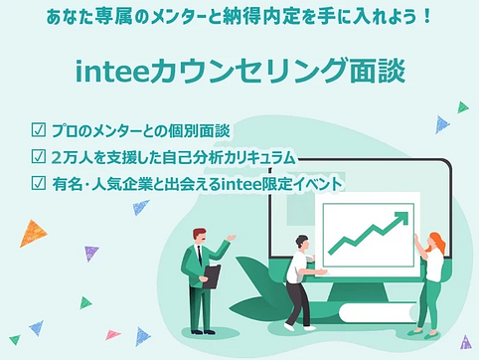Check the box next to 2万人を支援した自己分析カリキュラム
pyautogui.click(x=39, y=157)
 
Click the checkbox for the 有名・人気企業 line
pyautogui.click(x=39, y=182)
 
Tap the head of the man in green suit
pyautogui.click(x=199, y=236)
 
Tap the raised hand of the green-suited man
pyautogui.click(x=233, y=237)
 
